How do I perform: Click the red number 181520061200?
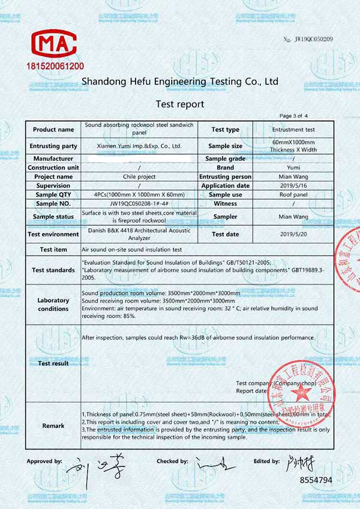54,64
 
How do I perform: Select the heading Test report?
180,104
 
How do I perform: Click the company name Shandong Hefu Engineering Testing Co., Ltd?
180,81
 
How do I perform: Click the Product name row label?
53,130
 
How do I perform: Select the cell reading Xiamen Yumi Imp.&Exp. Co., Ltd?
139,146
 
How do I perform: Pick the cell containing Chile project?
139,177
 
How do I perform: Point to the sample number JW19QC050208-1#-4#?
139,204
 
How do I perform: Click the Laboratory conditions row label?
53,304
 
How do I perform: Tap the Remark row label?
53,426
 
